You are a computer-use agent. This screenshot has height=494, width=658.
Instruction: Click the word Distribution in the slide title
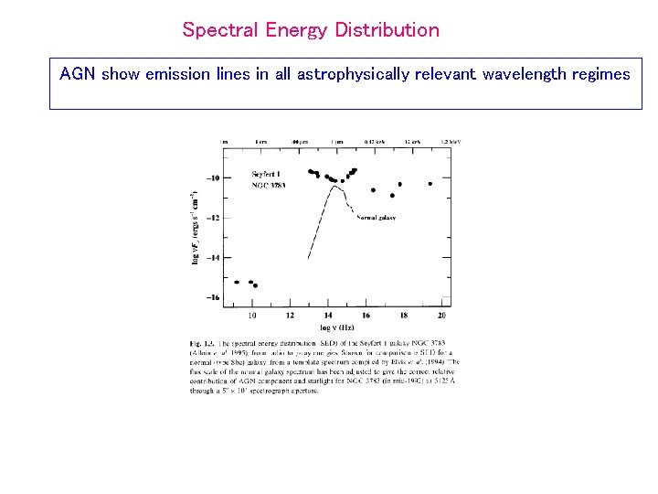click(387, 30)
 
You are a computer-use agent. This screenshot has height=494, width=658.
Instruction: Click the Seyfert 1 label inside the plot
click(268, 175)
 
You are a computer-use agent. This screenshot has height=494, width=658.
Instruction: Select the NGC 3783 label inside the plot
click(269, 185)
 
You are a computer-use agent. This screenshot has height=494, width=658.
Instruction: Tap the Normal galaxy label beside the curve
click(376, 218)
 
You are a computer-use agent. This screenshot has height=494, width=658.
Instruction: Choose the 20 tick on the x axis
click(441, 316)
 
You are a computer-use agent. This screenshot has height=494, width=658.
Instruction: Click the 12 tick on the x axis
click(290, 316)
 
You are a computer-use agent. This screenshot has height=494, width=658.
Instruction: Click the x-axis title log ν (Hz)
click(337, 327)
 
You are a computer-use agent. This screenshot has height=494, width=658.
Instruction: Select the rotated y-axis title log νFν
click(195, 229)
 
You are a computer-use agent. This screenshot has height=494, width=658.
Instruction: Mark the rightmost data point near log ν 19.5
click(430, 183)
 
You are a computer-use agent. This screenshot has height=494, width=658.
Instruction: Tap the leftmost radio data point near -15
click(237, 282)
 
